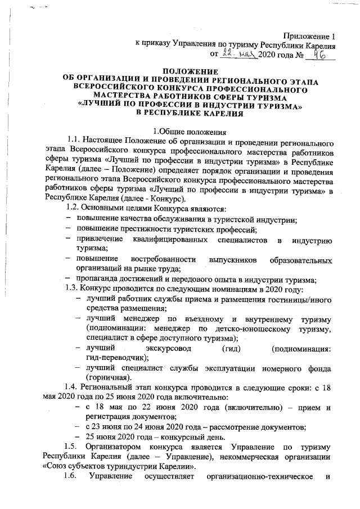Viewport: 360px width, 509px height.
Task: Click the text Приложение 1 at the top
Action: (309, 35)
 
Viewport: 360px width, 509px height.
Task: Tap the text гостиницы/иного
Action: (302, 299)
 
